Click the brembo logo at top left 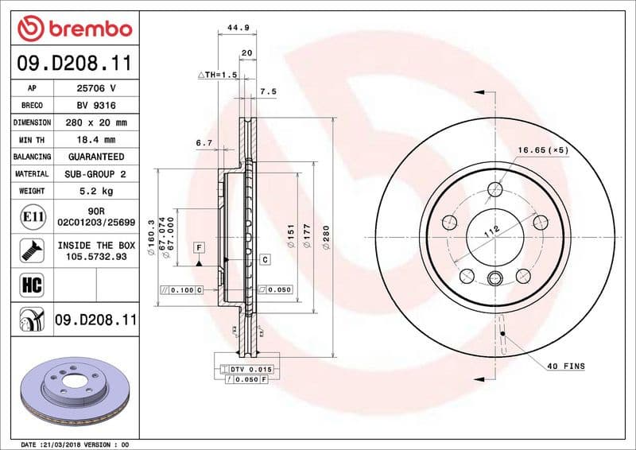pyautogui.click(x=74, y=29)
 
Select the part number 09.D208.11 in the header pyautogui.click(x=74, y=63)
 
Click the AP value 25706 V pyautogui.click(x=95, y=88)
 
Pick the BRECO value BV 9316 pyautogui.click(x=95, y=105)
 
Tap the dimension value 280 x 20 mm pyautogui.click(x=95, y=122)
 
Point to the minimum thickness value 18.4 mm pyautogui.click(x=95, y=140)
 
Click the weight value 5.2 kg pyautogui.click(x=95, y=191)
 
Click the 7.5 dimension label pyautogui.click(x=268, y=92)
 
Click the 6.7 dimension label pyautogui.click(x=204, y=143)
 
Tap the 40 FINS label pyautogui.click(x=565, y=366)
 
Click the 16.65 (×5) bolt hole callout pyautogui.click(x=544, y=149)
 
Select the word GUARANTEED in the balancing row pyautogui.click(x=95, y=157)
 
